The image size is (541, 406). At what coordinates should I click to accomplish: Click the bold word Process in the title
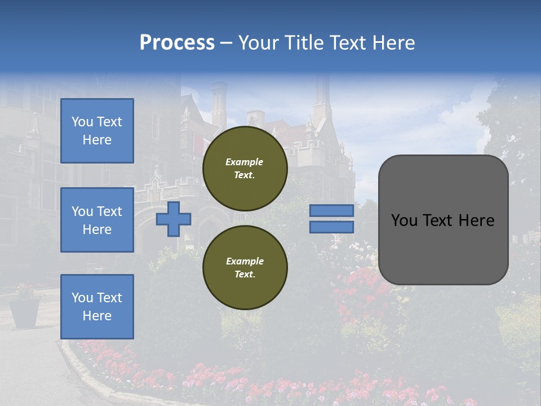177,43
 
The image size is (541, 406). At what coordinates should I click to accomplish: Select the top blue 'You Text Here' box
97,131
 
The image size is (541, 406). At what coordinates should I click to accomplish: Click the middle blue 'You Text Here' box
97,220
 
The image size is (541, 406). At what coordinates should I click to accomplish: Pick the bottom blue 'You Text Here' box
97,306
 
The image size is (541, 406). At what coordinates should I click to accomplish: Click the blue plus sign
174,219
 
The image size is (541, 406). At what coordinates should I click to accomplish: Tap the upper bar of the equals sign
331,210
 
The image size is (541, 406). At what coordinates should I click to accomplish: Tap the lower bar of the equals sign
331,227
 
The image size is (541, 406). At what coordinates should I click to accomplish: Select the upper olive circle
245,168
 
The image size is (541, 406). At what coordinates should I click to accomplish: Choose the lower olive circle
245,267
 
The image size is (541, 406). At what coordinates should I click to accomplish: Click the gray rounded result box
443,220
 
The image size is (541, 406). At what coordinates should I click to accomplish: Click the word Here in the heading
394,43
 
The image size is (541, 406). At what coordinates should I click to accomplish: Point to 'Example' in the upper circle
245,162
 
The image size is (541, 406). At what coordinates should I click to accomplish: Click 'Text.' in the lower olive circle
245,274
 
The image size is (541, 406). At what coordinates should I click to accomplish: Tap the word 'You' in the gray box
404,220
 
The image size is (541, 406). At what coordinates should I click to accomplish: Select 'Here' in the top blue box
97,140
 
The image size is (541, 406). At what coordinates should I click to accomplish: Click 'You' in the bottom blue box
82,297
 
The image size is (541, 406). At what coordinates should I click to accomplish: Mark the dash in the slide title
226,43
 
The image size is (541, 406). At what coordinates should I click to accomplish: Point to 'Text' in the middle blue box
109,211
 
